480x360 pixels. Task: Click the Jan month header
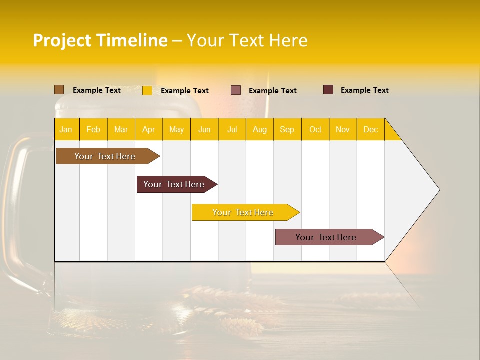click(x=66, y=129)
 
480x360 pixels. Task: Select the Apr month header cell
click(x=149, y=129)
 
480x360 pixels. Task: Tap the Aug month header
click(x=260, y=129)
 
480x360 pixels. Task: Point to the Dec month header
click(x=370, y=129)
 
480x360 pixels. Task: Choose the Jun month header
click(x=204, y=129)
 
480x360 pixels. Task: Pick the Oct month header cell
click(x=315, y=129)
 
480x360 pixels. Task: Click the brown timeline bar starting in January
click(x=105, y=156)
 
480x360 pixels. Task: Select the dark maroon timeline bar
click(x=174, y=184)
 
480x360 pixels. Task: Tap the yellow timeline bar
click(x=243, y=212)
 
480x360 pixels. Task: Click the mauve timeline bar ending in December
click(x=326, y=237)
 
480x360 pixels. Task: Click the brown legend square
click(x=59, y=90)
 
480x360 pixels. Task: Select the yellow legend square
click(x=147, y=90)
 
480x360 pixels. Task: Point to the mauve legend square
click(x=236, y=90)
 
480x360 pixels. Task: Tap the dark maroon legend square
click(x=328, y=90)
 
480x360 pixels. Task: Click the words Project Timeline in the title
click(x=100, y=40)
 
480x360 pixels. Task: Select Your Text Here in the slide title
click(x=247, y=40)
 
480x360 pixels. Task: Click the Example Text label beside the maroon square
click(x=364, y=90)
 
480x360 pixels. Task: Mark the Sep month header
click(x=287, y=129)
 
